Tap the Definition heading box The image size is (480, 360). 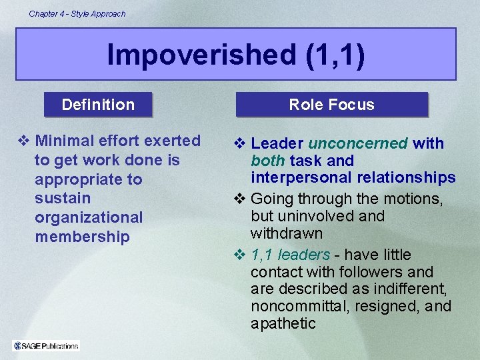coord(98,105)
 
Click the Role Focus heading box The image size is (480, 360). coord(331,105)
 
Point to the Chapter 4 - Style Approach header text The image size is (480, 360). coord(77,13)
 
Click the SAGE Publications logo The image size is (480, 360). coord(46,345)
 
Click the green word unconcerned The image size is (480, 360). coord(358,143)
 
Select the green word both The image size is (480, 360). coord(268,161)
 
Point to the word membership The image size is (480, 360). coord(82,237)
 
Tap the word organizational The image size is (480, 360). coord(89,217)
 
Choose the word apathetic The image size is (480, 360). coord(283,323)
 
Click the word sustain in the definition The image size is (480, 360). coord(63,198)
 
